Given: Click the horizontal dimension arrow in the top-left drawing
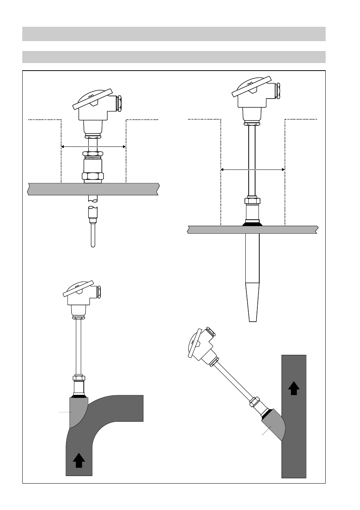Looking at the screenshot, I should point(93,146).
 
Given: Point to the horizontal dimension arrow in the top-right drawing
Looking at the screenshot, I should point(253,169).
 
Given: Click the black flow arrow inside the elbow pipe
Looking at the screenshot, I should point(79,461).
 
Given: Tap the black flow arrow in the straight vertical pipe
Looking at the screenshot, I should point(294,388).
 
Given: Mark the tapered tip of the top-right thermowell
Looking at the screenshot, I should point(253,302).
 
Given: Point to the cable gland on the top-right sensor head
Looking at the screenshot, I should point(278,91).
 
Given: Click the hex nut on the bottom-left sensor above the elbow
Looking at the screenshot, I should point(78,378).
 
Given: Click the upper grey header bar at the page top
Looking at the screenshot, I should point(174,34).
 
